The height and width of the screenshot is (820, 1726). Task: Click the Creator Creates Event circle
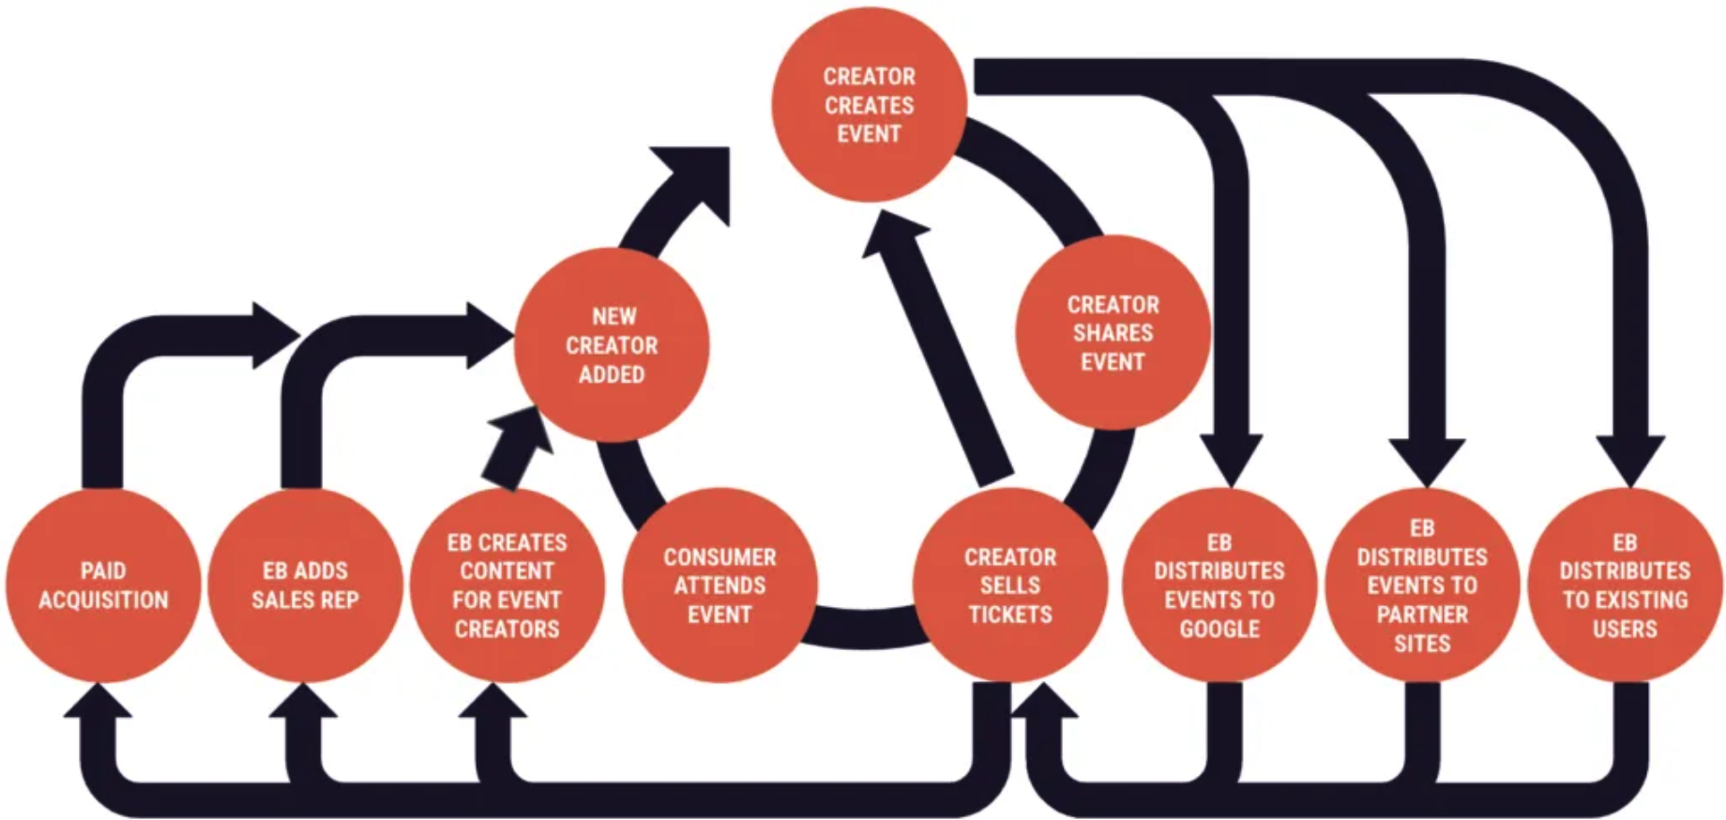(x=869, y=105)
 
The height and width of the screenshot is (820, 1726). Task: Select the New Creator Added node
(x=612, y=345)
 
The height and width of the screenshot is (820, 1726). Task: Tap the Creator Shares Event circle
(x=1113, y=333)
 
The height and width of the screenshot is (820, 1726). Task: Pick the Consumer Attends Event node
(x=719, y=585)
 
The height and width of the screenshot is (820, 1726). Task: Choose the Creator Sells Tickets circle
(x=1009, y=585)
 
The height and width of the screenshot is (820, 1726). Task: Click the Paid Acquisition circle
(x=103, y=585)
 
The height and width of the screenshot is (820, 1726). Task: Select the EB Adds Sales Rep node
(x=305, y=585)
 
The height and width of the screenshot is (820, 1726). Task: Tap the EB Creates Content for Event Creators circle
(x=507, y=585)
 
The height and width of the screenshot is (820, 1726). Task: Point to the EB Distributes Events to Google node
(x=1219, y=585)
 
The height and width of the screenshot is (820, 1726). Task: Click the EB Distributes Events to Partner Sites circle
(x=1422, y=585)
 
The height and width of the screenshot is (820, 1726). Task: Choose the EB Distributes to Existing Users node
(x=1625, y=585)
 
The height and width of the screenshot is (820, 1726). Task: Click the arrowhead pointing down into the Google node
(x=1229, y=460)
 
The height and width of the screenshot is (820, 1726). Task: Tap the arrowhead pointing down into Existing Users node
(x=1629, y=460)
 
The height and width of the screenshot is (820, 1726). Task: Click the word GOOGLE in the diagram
(x=1219, y=629)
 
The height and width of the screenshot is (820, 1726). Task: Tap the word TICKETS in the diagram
(x=1009, y=615)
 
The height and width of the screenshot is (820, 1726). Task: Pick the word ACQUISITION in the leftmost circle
(x=103, y=600)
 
